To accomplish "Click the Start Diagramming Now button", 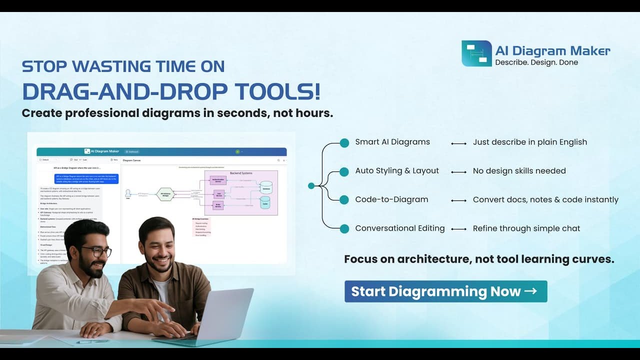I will pos(445,291).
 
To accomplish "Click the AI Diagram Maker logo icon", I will pos(476,53).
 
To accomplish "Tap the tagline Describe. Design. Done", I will pos(536,62).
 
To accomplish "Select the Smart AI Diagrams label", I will pos(392,142).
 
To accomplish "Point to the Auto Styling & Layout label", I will pos(397,171).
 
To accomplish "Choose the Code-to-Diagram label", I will pos(391,199).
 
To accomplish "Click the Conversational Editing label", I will pos(400,228).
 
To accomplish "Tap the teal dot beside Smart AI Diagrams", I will pos(344,143).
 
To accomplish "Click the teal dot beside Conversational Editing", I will pos(344,229).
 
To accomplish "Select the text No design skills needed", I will pos(519,171).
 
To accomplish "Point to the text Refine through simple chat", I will pos(526,228).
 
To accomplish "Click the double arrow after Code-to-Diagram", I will pos(458,200).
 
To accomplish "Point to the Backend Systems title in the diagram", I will pos(241,173).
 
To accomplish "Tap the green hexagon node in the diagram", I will pos(165,194).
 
